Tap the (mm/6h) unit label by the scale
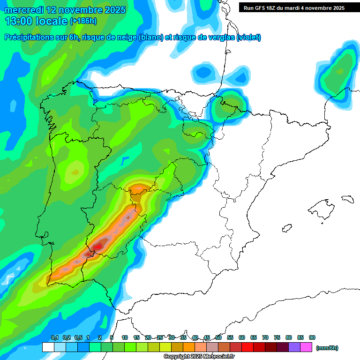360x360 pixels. (327, 348)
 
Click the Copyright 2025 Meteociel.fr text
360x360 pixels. (199, 357)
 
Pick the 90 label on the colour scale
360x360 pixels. (312, 337)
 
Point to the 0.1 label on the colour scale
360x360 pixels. (54, 337)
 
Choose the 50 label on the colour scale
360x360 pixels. (218, 337)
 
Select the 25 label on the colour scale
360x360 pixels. (160, 337)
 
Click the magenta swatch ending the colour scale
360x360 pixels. (306, 347)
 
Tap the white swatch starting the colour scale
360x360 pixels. (48, 347)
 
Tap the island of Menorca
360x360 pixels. (347, 199)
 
